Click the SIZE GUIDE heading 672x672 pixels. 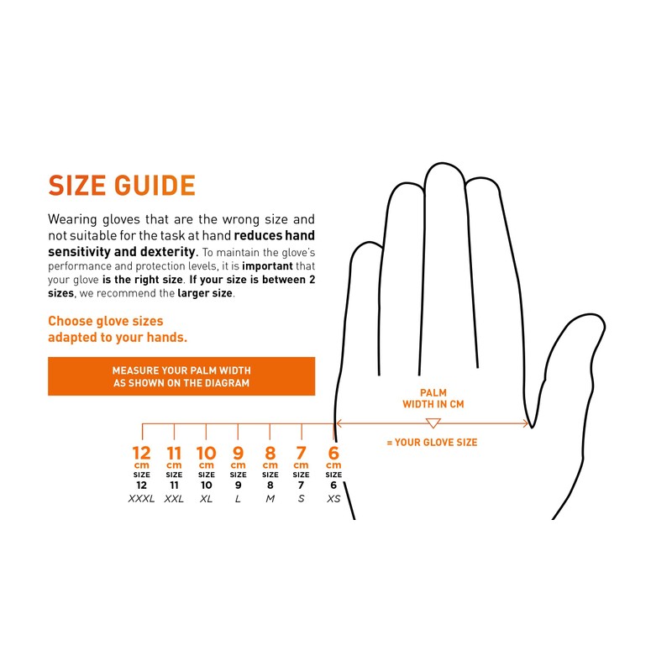122,186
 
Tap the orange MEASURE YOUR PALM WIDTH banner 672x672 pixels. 181,376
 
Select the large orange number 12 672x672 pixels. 141,454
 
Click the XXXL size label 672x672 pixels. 141,499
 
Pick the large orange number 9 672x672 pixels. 238,454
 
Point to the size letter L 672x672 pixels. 238,499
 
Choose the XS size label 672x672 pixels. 333,499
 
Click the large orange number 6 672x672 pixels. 333,454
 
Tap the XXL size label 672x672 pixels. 174,499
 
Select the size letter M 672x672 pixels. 270,499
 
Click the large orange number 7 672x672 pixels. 302,454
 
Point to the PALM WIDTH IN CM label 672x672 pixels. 433,398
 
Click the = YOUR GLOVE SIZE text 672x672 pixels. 432,442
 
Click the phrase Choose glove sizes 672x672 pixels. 106,321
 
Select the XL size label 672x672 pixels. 206,499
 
